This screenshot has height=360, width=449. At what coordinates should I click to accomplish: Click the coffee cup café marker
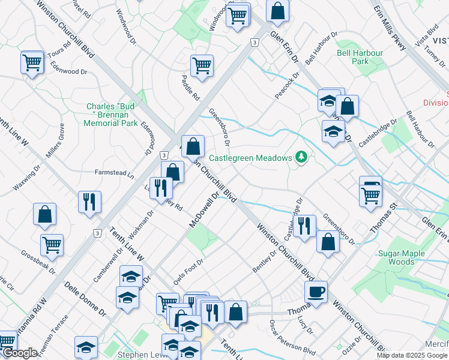tap(316, 292)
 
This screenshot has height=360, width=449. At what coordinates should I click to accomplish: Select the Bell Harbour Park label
tap(360, 57)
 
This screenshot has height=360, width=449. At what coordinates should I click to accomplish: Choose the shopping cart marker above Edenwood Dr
tap(32, 62)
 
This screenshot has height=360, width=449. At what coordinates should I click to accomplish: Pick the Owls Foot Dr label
tap(187, 269)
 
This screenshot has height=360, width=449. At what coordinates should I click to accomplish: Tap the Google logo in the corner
tap(20, 353)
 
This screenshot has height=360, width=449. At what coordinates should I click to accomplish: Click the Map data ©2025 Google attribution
tap(412, 355)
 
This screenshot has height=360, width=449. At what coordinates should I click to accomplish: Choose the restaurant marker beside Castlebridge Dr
tap(306, 226)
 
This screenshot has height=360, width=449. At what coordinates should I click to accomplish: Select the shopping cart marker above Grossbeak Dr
tap(52, 245)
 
